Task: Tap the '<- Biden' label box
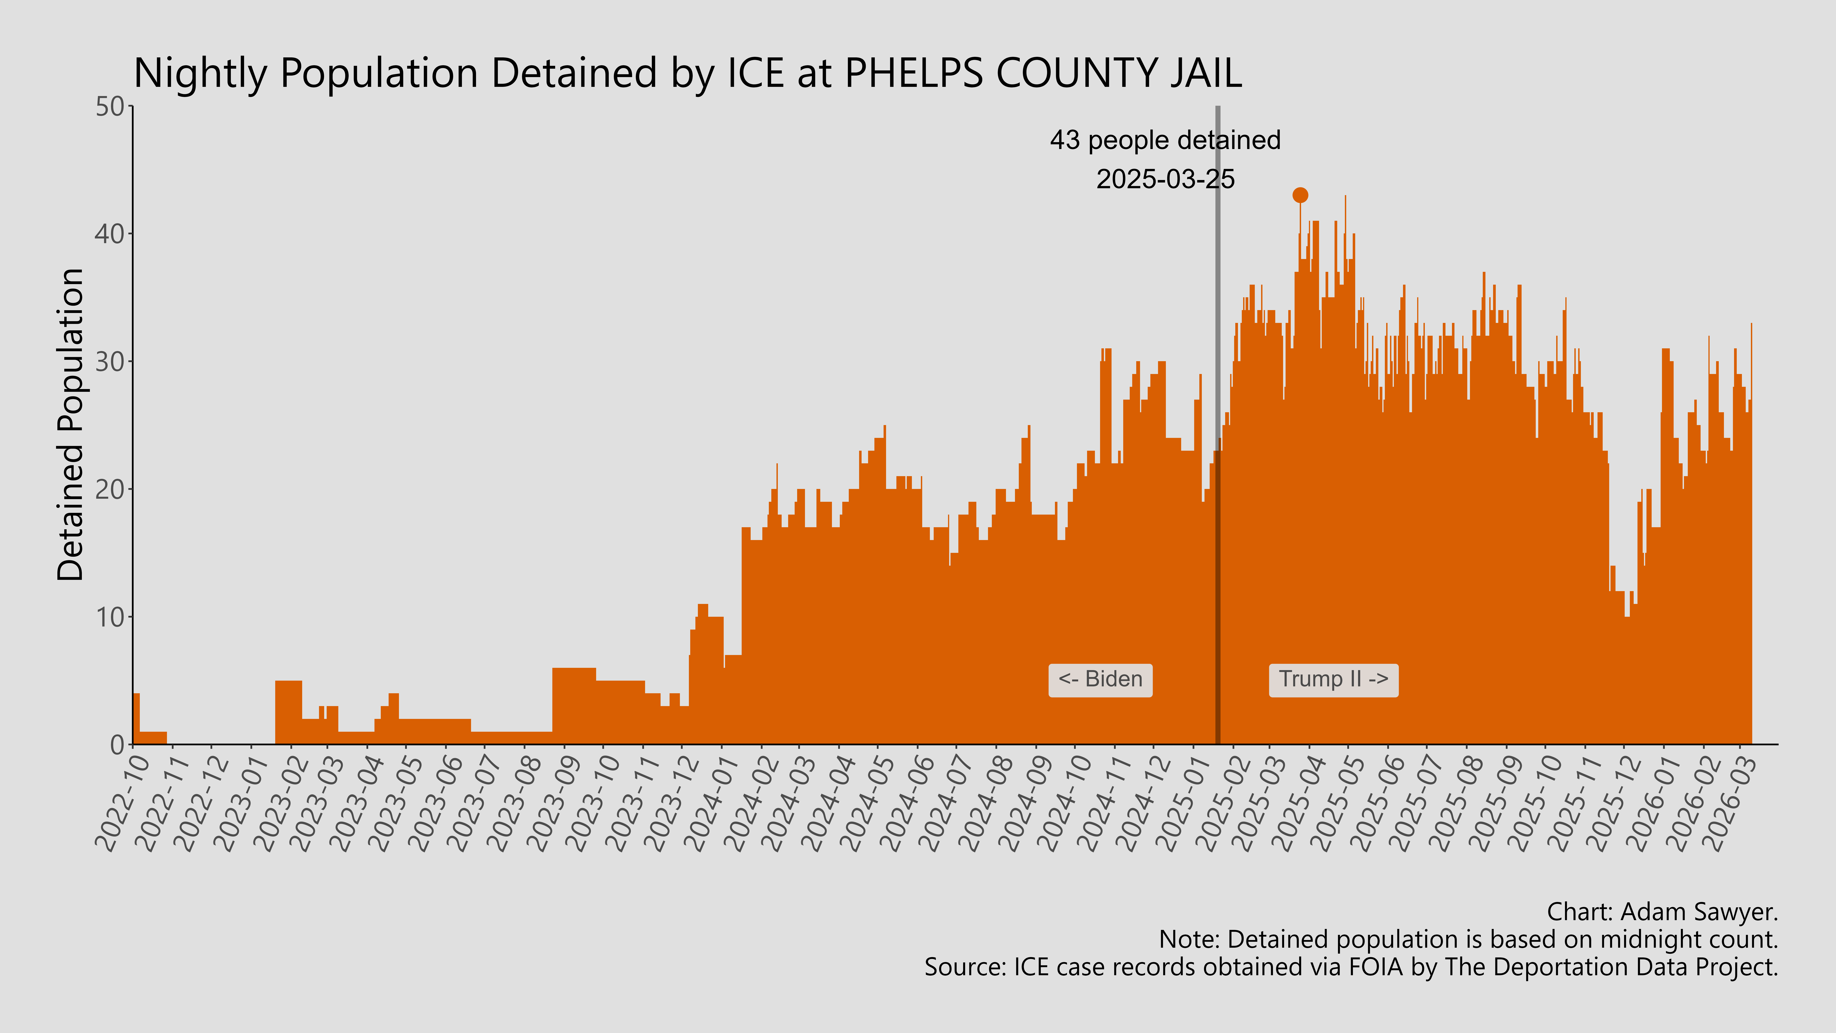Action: (1100, 679)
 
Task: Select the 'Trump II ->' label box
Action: (1333, 679)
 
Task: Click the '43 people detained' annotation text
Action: (1165, 140)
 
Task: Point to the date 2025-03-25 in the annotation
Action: (1165, 179)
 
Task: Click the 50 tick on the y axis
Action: (111, 107)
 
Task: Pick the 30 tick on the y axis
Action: (111, 361)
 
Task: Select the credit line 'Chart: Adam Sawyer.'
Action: (1662, 912)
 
